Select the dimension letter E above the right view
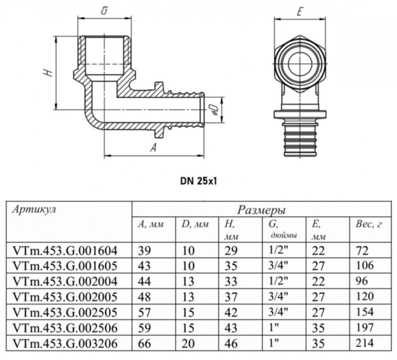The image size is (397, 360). point(298,11)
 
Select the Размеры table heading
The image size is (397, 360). point(261,210)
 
